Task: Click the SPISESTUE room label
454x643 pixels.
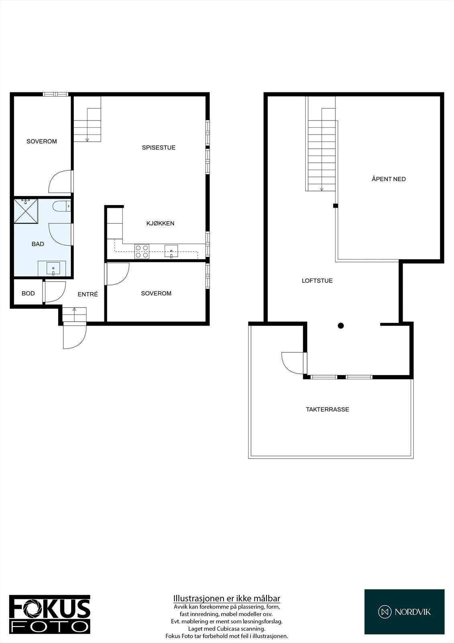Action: point(159,147)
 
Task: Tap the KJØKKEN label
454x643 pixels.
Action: point(160,223)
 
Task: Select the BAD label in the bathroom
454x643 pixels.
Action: point(38,244)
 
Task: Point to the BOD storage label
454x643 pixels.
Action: point(28,293)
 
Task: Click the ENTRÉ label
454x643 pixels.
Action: point(88,294)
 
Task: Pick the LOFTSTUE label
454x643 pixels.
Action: point(317,281)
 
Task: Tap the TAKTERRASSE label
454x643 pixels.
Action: point(327,410)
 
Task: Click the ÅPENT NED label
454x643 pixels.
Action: point(389,179)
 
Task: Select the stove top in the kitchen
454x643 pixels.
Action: point(142,251)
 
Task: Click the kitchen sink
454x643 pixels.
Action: point(171,251)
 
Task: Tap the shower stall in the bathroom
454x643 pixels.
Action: point(26,211)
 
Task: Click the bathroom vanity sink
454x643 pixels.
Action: point(53,268)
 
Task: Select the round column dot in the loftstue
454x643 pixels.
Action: point(341,326)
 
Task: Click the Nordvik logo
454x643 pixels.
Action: point(404,612)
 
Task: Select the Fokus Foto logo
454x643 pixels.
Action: point(50,614)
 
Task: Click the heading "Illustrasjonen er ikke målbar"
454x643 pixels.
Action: point(227,599)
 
